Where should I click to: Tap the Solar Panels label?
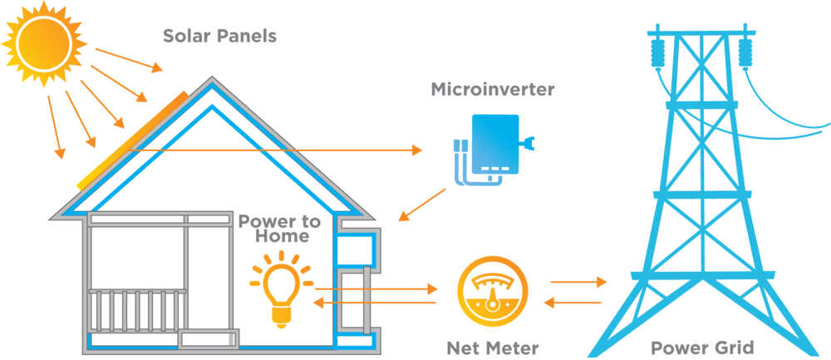(x=219, y=37)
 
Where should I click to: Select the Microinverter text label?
(x=492, y=89)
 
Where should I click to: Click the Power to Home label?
(x=279, y=229)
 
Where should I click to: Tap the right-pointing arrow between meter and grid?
(x=579, y=281)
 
